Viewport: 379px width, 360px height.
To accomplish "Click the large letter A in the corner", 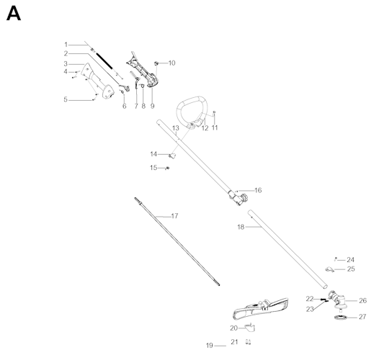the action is click(x=14, y=14).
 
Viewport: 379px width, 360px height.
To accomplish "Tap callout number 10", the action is click(x=171, y=63).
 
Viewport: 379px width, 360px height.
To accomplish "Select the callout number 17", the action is click(x=174, y=216).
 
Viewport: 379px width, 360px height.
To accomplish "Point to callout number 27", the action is click(x=362, y=317).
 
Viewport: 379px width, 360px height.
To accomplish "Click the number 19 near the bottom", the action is click(x=210, y=346).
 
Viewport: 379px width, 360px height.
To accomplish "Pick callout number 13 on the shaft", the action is click(x=176, y=128).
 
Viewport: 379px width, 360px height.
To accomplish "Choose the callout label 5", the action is click(x=66, y=99).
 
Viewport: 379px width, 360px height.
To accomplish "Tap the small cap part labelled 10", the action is click(x=156, y=63).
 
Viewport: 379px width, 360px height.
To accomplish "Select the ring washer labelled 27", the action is click(x=340, y=318).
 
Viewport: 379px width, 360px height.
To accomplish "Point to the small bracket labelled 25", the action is click(x=329, y=269).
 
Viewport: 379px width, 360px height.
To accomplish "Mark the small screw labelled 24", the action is click(x=336, y=259).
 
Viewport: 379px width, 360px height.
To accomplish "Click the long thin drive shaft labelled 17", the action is click(x=177, y=241).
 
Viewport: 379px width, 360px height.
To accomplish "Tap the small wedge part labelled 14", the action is click(x=172, y=156).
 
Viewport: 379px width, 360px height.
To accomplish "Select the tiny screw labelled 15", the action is click(x=167, y=168).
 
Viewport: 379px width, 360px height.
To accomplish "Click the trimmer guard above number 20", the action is click(x=261, y=309).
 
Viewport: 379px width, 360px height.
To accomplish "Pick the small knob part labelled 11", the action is click(x=214, y=112).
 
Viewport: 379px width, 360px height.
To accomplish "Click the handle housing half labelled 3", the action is click(x=97, y=81).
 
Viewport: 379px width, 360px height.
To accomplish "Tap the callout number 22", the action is click(x=309, y=299).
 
